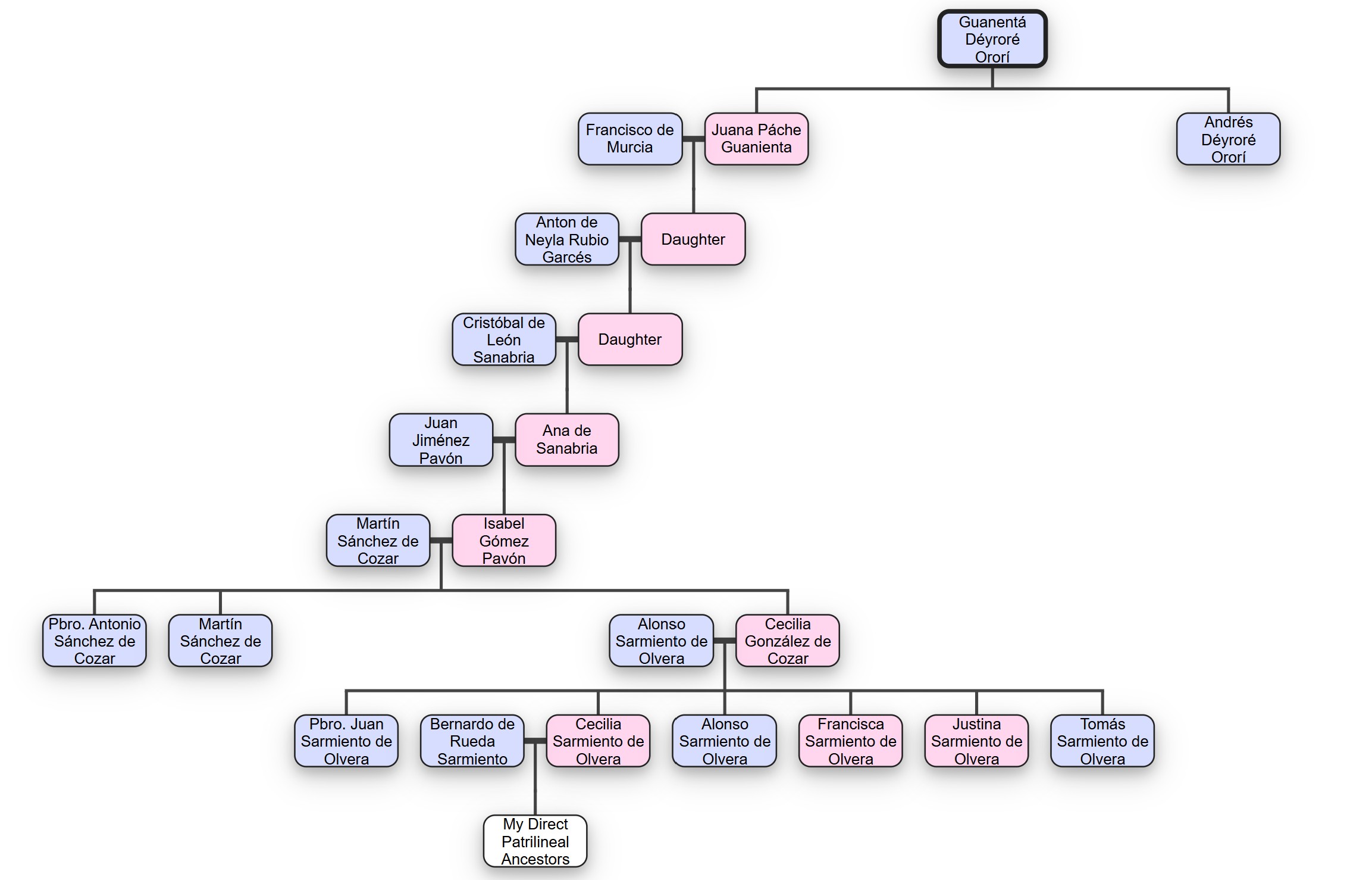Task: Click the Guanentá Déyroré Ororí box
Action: (x=992, y=39)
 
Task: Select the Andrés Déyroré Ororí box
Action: (x=1228, y=139)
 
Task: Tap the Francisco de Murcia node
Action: (x=629, y=139)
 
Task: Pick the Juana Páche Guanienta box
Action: (x=756, y=139)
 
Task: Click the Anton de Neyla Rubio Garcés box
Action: (x=566, y=239)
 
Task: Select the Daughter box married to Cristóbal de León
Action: (x=629, y=339)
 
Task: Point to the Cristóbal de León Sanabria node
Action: (x=503, y=339)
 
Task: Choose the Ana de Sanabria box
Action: (x=566, y=439)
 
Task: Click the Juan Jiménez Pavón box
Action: (x=441, y=440)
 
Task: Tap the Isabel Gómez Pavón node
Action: (x=503, y=541)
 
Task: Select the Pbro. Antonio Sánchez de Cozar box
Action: (x=95, y=641)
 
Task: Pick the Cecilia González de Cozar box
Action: (x=787, y=641)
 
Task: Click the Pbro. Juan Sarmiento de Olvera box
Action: (x=346, y=741)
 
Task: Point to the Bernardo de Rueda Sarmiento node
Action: (x=472, y=741)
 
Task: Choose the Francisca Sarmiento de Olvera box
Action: (x=850, y=741)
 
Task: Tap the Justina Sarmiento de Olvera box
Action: (x=976, y=741)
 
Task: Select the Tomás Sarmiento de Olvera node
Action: (x=1102, y=741)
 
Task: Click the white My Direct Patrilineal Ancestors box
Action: (x=535, y=841)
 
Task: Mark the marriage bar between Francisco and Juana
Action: (x=693, y=139)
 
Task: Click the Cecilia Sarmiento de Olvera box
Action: (x=598, y=741)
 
